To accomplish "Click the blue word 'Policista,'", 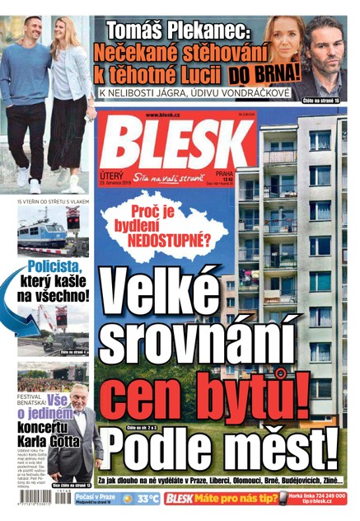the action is point(54,268).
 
